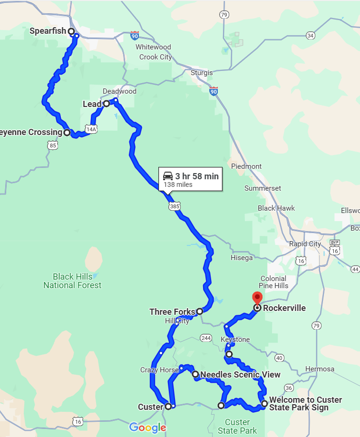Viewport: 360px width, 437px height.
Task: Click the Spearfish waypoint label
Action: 48,31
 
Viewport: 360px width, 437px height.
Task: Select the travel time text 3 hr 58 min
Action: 197,176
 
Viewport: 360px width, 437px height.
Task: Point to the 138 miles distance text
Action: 178,185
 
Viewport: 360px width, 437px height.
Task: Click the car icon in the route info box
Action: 168,176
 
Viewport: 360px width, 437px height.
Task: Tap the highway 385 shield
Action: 174,206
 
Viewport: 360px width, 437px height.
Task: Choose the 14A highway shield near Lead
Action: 91,129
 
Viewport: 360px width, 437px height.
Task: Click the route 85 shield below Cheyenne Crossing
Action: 52,145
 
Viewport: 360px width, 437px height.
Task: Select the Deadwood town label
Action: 120,91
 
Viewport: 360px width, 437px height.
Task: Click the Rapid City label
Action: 305,244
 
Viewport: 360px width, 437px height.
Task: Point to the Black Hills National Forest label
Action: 72,281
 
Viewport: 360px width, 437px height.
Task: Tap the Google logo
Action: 147,427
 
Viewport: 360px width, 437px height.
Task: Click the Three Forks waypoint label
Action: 172,312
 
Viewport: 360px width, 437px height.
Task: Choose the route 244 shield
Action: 205,338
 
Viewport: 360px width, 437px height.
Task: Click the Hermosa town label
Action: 320,369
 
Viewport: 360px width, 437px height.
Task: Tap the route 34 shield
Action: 311,36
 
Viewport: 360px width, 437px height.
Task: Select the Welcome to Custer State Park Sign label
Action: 305,403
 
